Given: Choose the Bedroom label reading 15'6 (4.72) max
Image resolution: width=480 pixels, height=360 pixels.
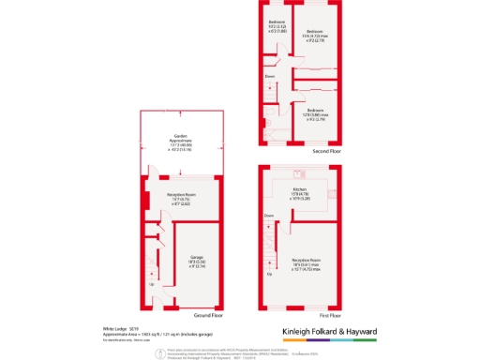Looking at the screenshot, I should [314, 36].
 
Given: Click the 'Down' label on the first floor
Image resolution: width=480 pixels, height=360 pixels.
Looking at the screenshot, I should [269, 215].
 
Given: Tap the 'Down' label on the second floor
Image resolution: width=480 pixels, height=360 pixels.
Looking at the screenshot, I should [268, 76].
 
